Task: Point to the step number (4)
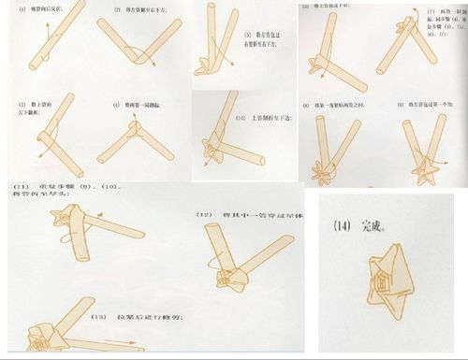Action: pos(117,105)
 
